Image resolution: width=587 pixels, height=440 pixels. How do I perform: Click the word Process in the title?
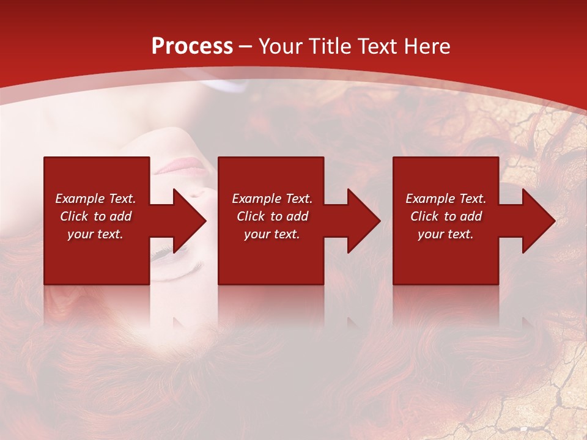click(192, 46)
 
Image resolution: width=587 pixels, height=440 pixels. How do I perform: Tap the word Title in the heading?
click(328, 46)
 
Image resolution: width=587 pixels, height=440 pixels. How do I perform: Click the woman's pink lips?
click(183, 166)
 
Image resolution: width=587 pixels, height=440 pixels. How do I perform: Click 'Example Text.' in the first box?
click(95, 199)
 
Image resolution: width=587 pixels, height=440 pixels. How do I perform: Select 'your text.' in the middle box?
click(271, 234)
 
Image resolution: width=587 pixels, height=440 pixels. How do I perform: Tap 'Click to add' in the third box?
click(446, 216)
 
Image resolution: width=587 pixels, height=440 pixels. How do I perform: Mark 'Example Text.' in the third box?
click(446, 199)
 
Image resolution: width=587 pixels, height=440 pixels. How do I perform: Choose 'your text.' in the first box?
click(95, 234)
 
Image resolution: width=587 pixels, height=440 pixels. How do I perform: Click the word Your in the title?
click(282, 46)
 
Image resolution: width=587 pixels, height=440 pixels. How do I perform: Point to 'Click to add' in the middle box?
click(272, 216)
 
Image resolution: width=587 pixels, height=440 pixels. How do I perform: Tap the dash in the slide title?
click(246, 46)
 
